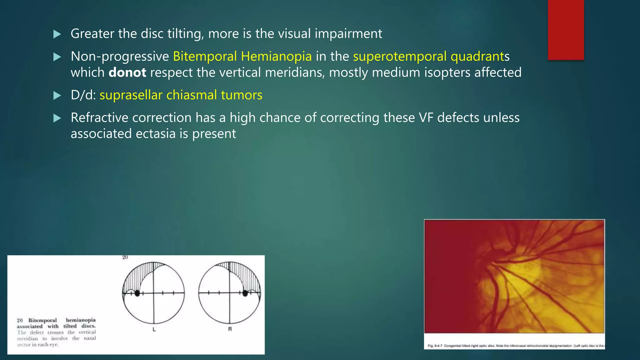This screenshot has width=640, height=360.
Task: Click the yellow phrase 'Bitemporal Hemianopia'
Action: point(242,57)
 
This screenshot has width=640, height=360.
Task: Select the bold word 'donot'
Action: point(127,72)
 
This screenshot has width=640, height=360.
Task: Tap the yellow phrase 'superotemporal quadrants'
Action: point(431,57)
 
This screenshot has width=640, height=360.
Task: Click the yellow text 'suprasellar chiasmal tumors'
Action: point(181,95)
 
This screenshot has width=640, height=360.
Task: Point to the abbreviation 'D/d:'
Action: point(83,95)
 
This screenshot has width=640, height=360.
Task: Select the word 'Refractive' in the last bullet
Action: point(99,118)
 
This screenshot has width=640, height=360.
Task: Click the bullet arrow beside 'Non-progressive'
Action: point(57,57)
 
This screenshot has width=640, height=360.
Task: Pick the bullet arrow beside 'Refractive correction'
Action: point(57,118)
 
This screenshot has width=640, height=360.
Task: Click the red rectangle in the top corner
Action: point(566,30)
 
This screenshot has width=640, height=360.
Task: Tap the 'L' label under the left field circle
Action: point(154,329)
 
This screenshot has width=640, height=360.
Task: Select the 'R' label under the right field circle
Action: point(230,329)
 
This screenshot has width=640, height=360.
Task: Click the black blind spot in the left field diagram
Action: point(137,293)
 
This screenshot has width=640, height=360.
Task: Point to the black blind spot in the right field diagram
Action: point(245,293)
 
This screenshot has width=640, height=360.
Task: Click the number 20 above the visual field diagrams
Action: point(125,257)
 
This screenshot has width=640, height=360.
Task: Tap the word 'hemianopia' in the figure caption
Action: point(81,320)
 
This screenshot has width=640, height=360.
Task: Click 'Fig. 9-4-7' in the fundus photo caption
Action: point(435,346)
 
